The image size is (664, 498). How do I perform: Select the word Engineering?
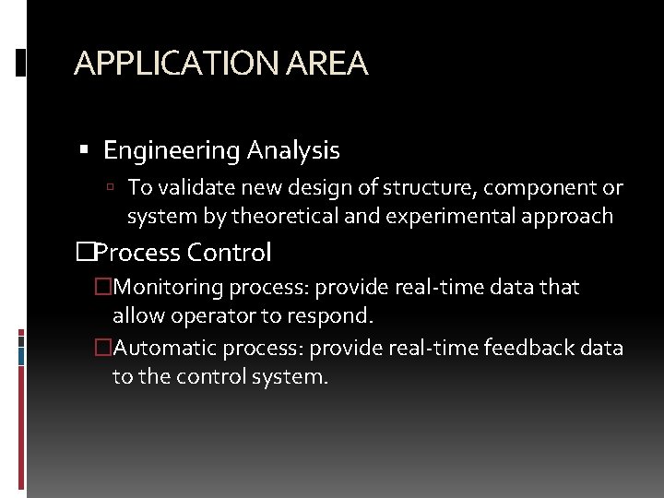[170, 150]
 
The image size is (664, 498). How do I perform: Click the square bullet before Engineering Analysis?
[85, 150]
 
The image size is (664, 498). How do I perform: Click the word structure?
[411, 188]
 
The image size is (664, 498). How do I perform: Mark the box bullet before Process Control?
[86, 252]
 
